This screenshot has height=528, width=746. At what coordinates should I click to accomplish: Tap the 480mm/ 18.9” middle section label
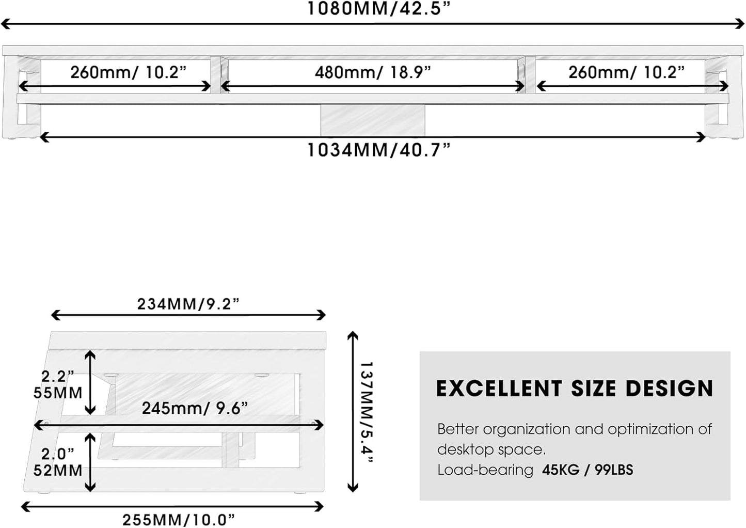coord(373,72)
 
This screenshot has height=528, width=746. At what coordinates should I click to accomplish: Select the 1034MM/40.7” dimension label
coord(379,150)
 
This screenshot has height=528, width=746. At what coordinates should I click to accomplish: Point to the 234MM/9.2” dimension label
coord(188,304)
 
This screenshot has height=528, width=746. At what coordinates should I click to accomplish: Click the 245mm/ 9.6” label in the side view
coord(195,408)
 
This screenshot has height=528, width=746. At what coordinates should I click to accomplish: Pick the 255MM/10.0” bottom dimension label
coord(179,519)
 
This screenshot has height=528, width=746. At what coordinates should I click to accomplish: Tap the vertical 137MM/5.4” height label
coord(367,412)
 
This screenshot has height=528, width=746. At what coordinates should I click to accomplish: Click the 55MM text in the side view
coord(58,393)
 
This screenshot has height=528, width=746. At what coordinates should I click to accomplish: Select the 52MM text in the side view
coord(58,470)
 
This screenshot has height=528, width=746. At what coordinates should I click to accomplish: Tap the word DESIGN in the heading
coord(669,389)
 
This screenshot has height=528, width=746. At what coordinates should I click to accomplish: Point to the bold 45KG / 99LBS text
coord(588,470)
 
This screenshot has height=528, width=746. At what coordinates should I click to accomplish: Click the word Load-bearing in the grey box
coord(485,470)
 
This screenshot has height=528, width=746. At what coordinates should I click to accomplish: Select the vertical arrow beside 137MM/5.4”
coord(353,411)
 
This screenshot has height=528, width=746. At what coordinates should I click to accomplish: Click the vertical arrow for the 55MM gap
coord(90,382)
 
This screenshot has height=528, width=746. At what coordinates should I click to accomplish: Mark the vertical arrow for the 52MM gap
coord(90,462)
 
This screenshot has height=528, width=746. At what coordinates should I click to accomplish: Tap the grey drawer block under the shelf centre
coord(373,120)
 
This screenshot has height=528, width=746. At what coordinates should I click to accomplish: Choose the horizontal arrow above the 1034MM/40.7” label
coord(373,137)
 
